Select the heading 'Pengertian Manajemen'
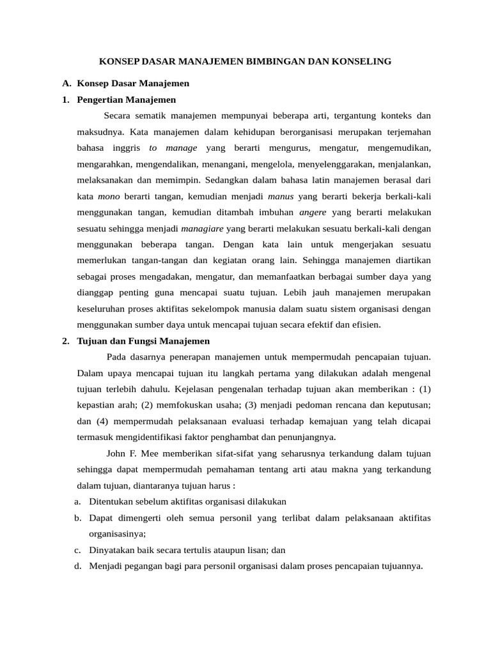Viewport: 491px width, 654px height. [126, 100]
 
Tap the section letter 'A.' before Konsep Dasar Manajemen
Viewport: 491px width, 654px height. [66, 83]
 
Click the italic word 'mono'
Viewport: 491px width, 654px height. [109, 196]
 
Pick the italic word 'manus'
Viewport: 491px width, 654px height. [281, 196]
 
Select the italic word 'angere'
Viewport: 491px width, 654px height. [313, 212]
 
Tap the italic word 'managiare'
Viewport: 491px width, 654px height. [203, 228]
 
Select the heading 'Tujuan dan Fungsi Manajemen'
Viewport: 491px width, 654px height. [143, 341]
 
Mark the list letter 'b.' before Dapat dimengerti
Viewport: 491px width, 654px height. [78, 517]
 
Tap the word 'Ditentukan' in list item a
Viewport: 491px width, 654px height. [111, 501]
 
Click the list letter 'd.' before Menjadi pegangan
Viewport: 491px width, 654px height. [78, 565]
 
